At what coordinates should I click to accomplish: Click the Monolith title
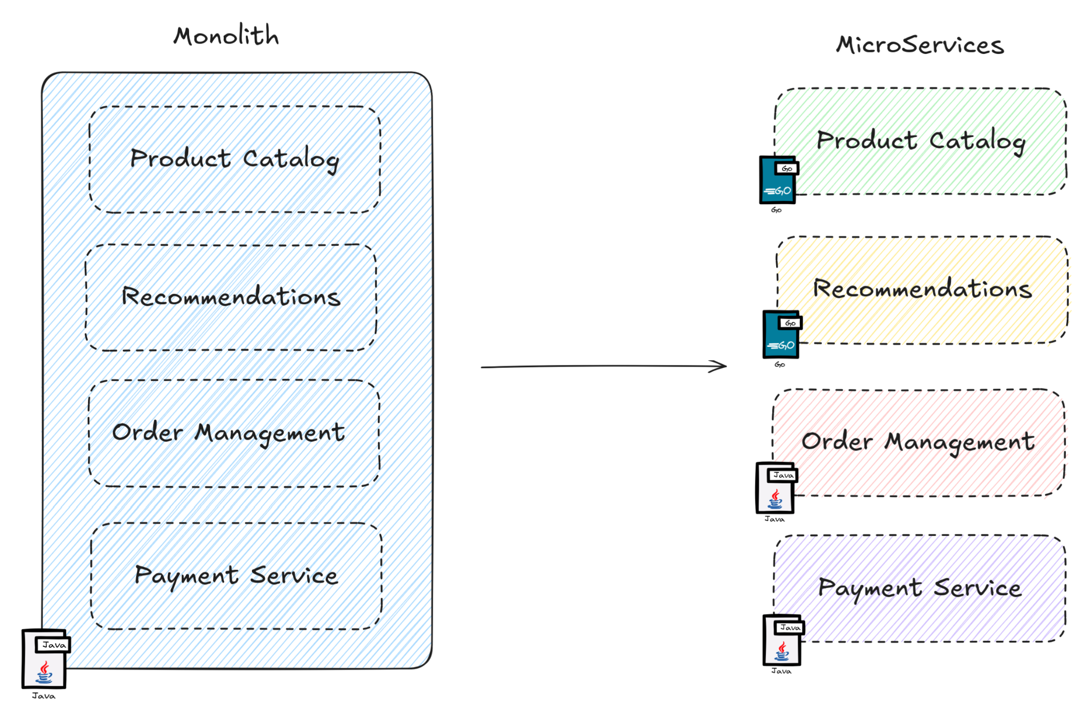226,36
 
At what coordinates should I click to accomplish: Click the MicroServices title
920,45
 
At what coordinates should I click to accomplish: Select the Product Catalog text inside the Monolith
235,159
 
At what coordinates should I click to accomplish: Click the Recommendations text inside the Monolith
231,296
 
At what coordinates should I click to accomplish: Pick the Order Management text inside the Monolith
228,433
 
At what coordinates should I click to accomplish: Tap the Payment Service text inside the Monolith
236,575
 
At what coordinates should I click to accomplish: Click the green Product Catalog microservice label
921,141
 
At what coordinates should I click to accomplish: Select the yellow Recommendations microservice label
922,288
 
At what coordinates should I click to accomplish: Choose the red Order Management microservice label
918,441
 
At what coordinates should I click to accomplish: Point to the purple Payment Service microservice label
919,588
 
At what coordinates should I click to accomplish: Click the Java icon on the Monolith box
45,660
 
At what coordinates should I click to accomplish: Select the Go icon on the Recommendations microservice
781,335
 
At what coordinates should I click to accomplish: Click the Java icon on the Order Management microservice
775,489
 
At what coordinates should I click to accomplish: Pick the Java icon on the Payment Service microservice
782,641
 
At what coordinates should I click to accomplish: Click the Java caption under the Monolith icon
44,696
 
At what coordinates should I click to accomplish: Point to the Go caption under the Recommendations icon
780,365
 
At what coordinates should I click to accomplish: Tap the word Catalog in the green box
977,142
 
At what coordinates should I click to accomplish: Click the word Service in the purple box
977,588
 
